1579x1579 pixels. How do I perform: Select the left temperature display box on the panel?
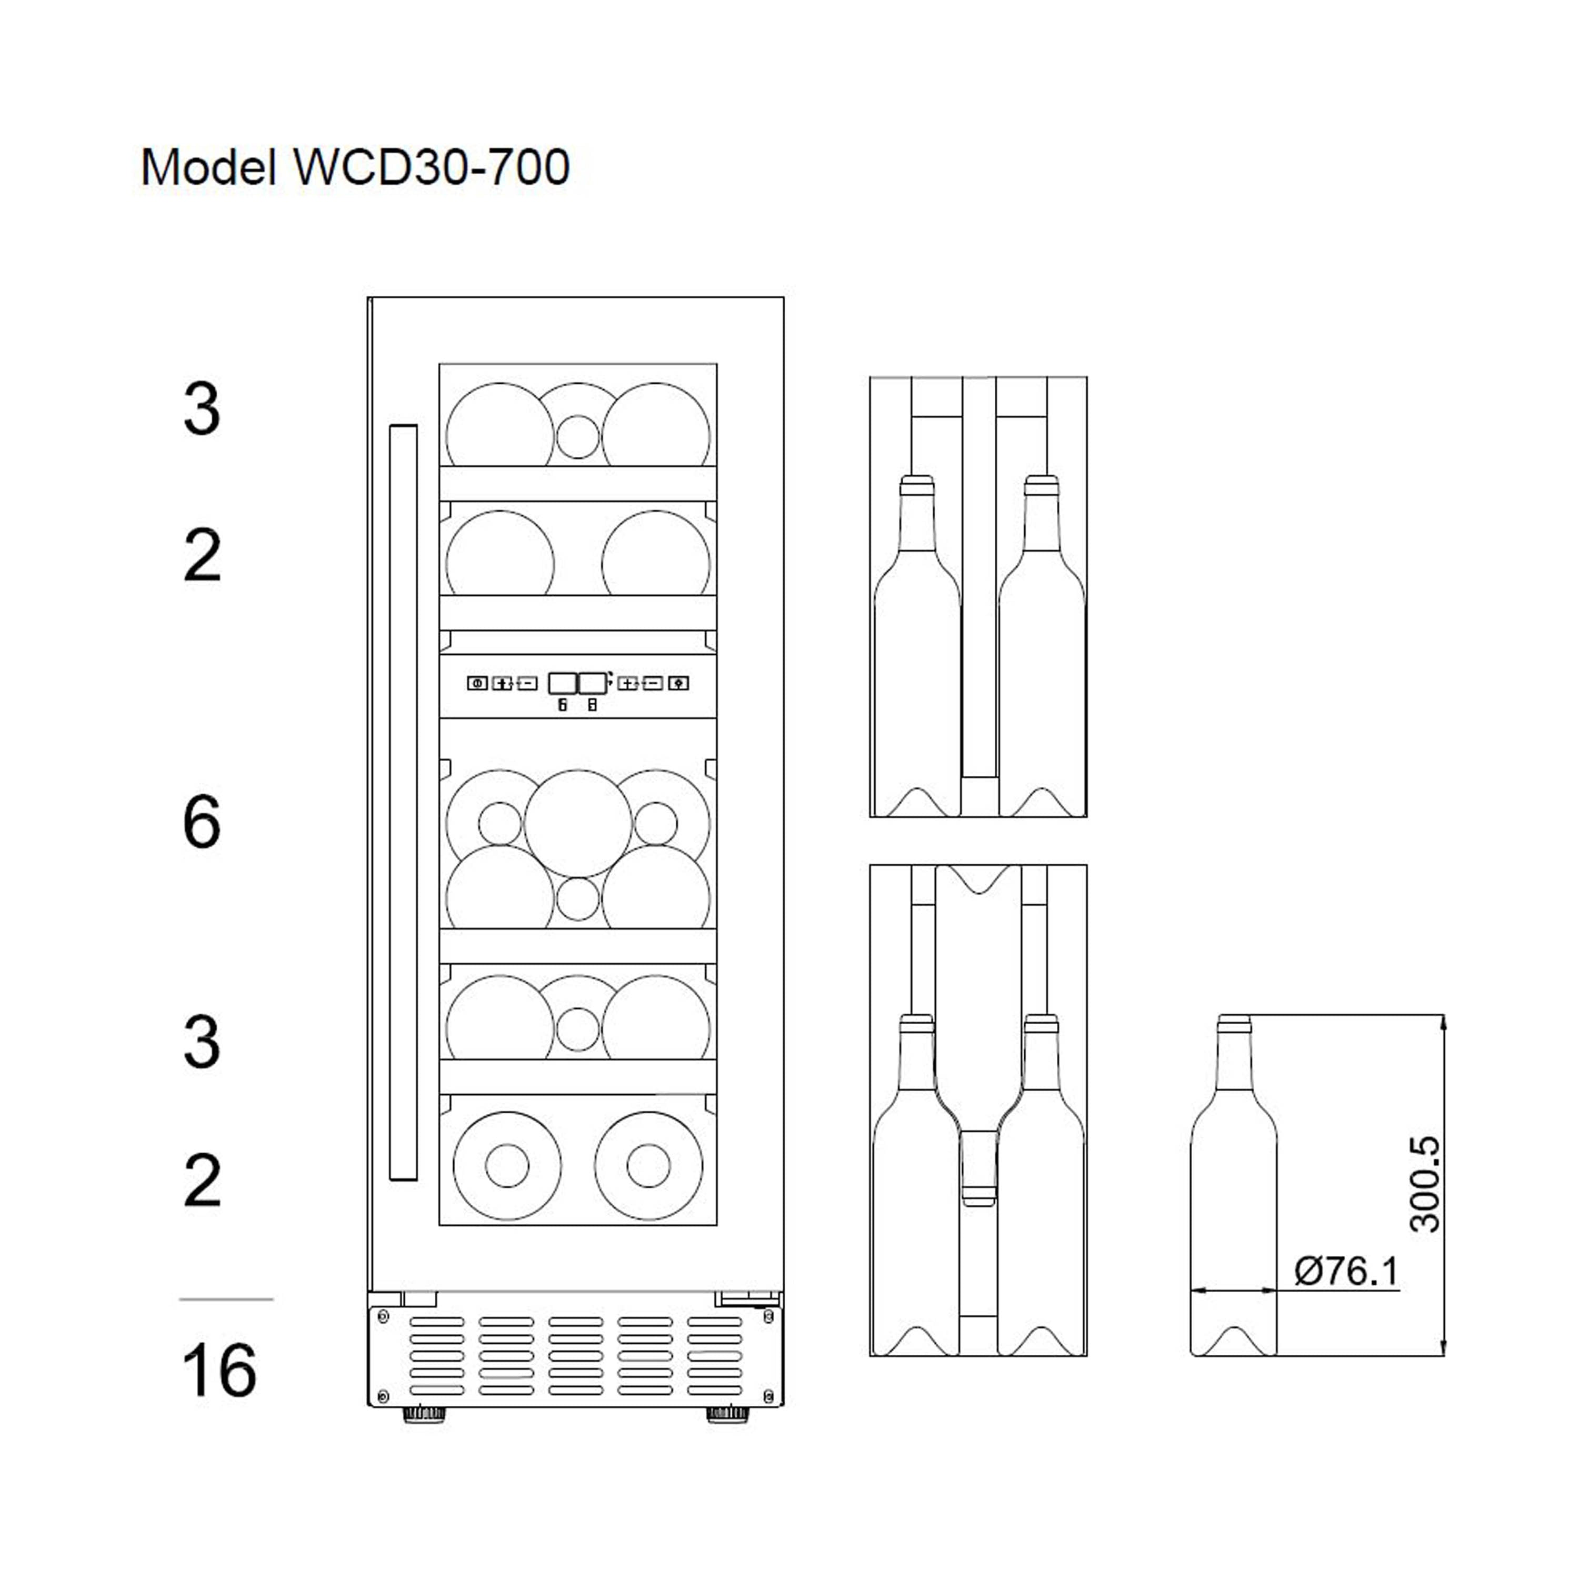pos(562,683)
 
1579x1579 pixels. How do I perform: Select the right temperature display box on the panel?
pos(593,683)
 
